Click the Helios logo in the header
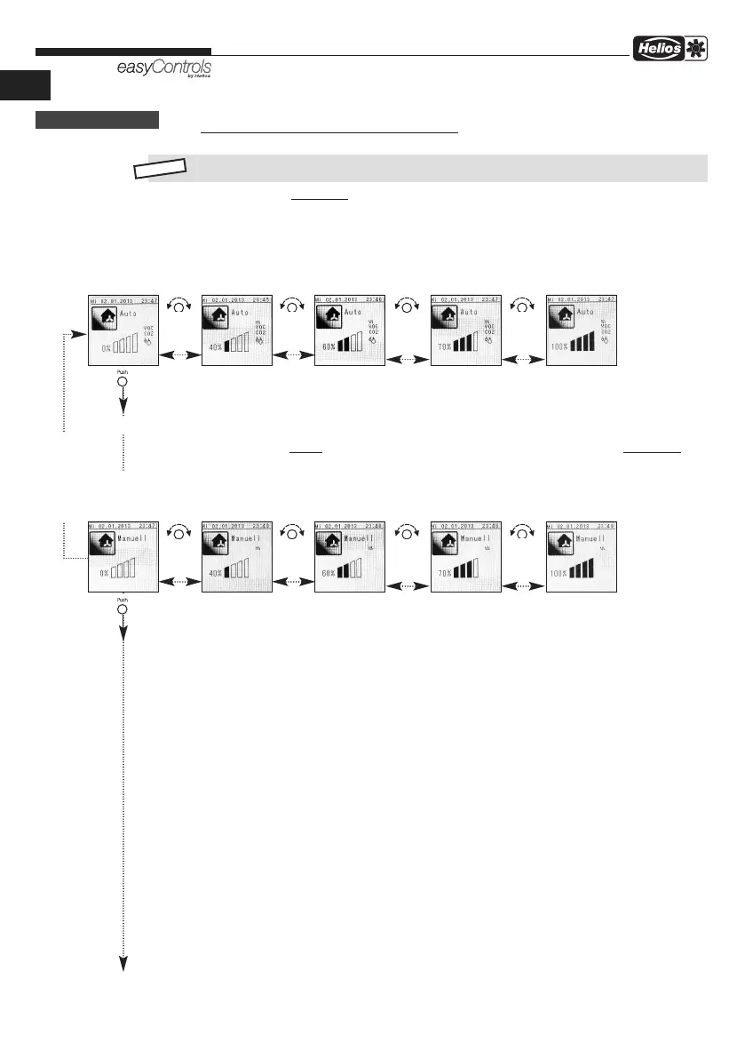click(658, 55)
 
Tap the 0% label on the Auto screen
click(107, 347)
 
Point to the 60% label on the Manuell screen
click(328, 574)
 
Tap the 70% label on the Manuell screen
click(444, 574)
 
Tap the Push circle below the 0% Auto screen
click(123, 381)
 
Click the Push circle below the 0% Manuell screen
click(123, 609)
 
